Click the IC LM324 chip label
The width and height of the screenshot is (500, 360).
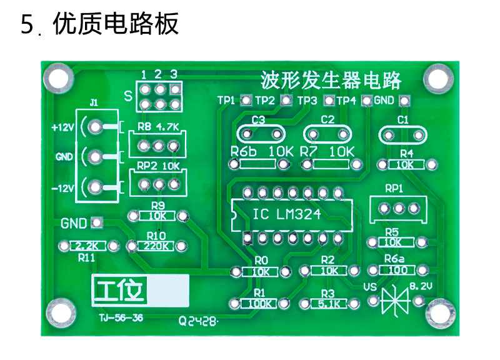point(287,214)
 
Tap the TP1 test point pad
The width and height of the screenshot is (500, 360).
point(246,100)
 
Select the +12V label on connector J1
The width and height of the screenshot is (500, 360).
point(62,127)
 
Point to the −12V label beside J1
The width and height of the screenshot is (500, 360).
point(62,187)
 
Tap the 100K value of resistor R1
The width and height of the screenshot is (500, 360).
point(259,304)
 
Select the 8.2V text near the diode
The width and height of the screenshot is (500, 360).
point(421,286)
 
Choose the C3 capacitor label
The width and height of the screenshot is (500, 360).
point(258,119)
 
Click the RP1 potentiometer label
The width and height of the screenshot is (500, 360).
point(394,188)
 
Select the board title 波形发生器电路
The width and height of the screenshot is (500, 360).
point(331,81)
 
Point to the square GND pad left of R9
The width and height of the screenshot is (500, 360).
point(96,222)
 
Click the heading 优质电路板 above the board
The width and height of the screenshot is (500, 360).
point(116,24)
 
